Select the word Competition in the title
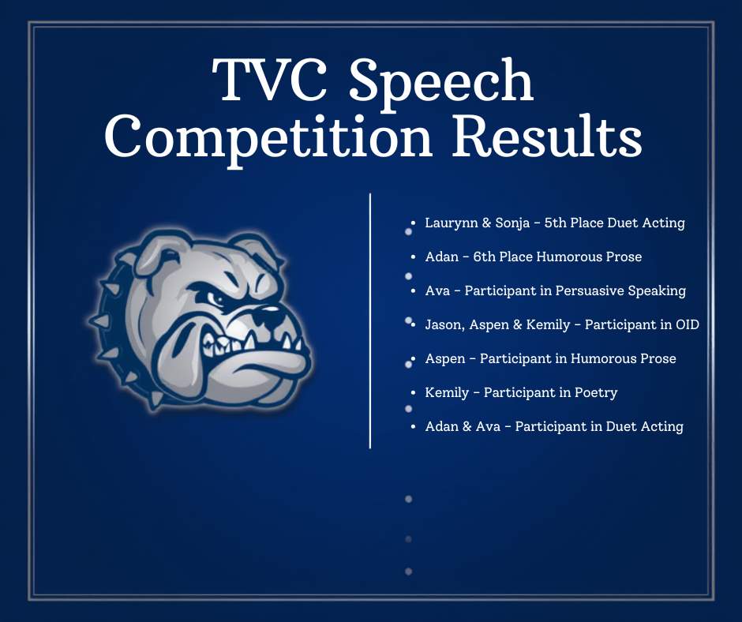[x=268, y=139]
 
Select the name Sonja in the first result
[x=510, y=223]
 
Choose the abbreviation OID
[x=687, y=324]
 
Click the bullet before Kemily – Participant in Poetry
[x=415, y=392]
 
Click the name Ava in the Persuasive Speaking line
[x=437, y=291]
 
